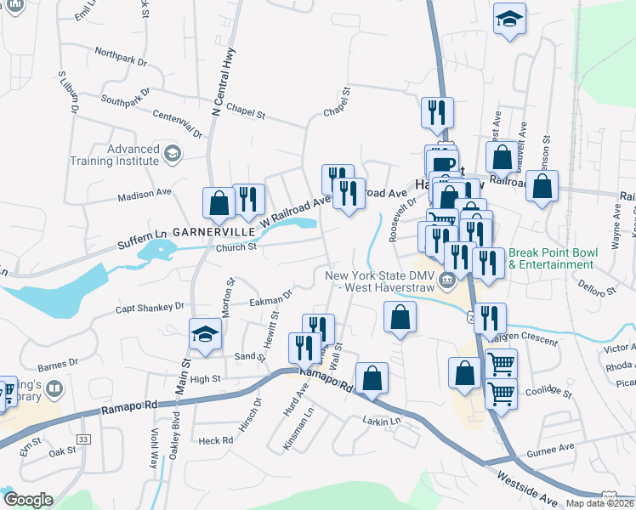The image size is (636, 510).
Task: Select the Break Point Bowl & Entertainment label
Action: point(554,258)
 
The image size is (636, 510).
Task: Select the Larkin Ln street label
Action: point(381,421)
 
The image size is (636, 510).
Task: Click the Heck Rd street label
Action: point(215,440)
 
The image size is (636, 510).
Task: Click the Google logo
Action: point(28,500)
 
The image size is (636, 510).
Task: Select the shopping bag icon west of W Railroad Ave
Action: point(219,202)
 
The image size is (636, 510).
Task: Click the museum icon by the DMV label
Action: point(446,281)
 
